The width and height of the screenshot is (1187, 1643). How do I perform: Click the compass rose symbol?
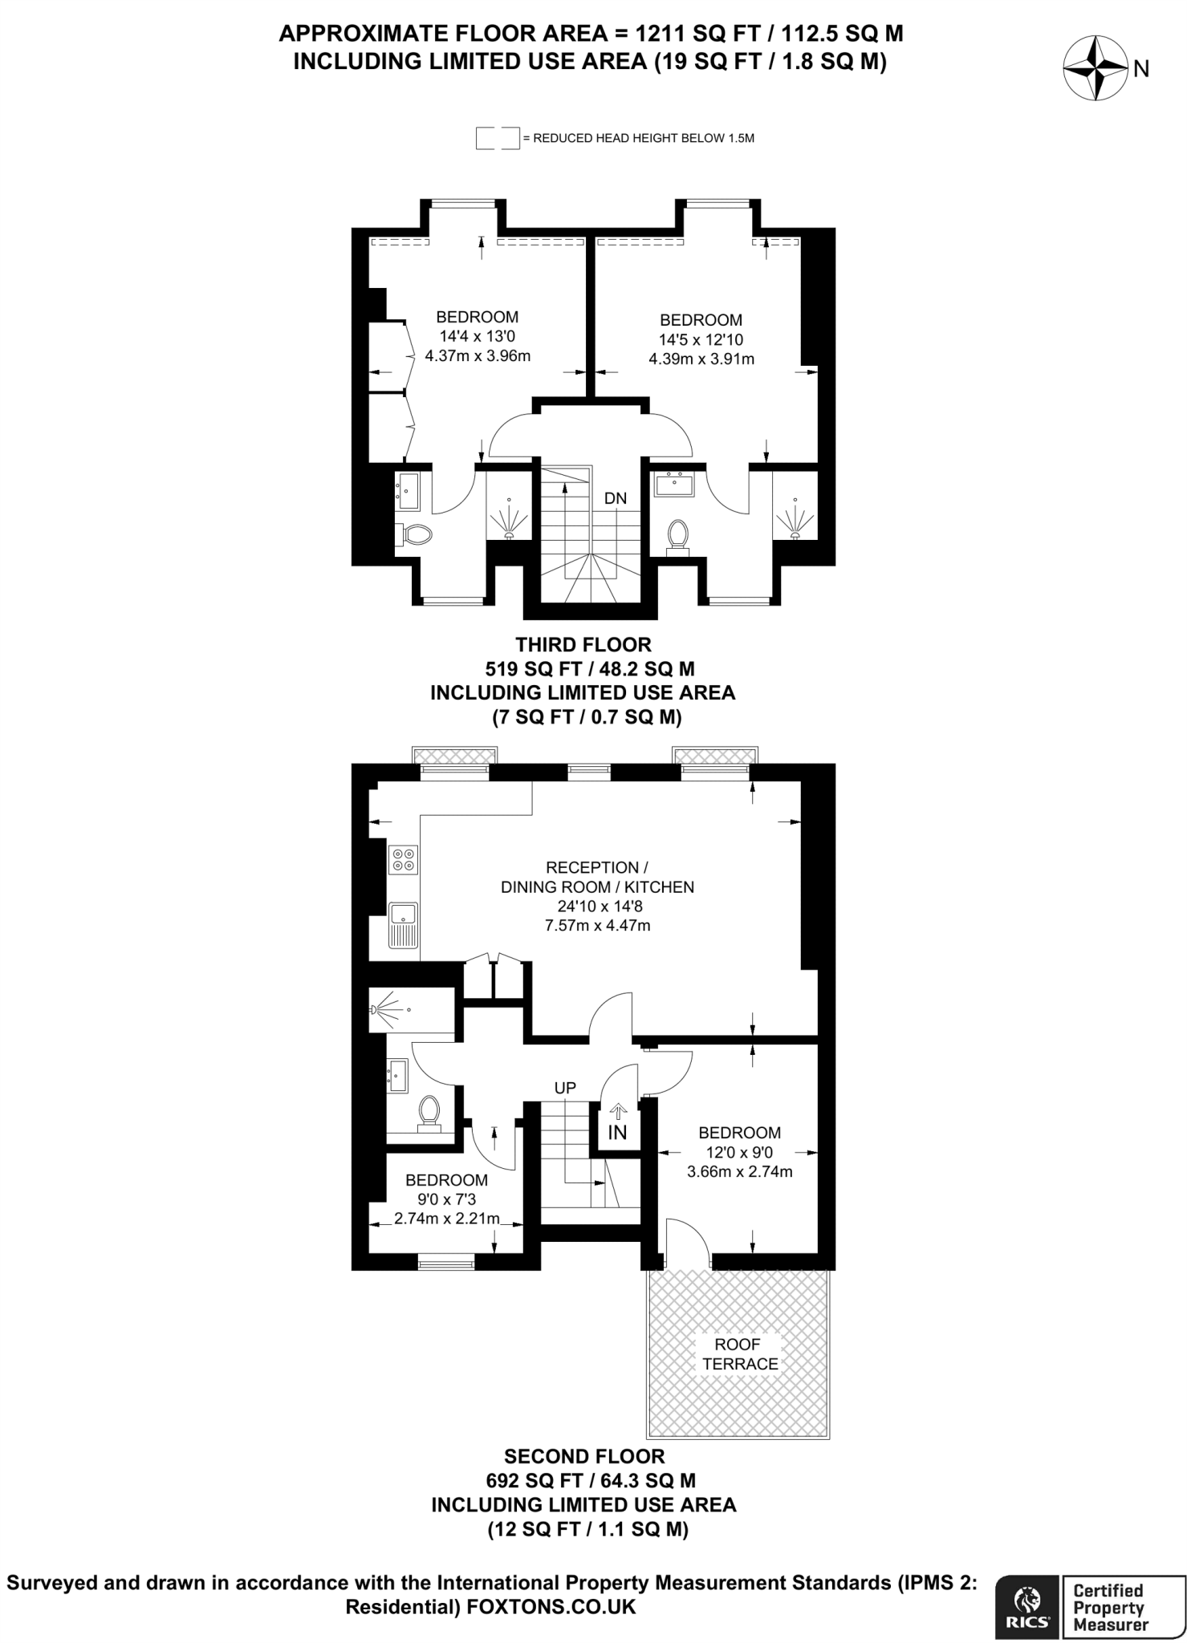pyautogui.click(x=1095, y=69)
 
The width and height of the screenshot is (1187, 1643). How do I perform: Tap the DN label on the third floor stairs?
pyautogui.click(x=616, y=499)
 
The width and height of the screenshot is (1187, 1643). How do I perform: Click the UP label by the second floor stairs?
pyautogui.click(x=566, y=1088)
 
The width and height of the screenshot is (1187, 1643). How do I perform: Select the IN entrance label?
pyautogui.click(x=617, y=1132)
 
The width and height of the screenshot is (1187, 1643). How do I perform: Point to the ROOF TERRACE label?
pyautogui.click(x=740, y=1354)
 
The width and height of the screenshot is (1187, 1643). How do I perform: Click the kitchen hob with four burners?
pyautogui.click(x=403, y=860)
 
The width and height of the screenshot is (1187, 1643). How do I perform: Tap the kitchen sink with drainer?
pyautogui.click(x=403, y=925)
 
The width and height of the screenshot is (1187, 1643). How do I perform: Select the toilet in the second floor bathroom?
pyautogui.click(x=429, y=1113)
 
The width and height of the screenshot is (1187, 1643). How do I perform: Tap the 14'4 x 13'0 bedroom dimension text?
pyautogui.click(x=477, y=336)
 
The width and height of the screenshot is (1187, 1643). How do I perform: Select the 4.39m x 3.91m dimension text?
pyautogui.click(x=701, y=359)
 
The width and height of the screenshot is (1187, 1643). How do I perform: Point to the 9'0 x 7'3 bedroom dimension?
pyautogui.click(x=446, y=1199)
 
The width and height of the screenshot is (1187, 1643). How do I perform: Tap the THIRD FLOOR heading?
pyautogui.click(x=583, y=645)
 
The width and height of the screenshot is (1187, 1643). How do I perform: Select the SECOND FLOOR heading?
pyautogui.click(x=584, y=1456)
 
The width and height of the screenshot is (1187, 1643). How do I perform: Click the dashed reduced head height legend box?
pyautogui.click(x=497, y=138)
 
